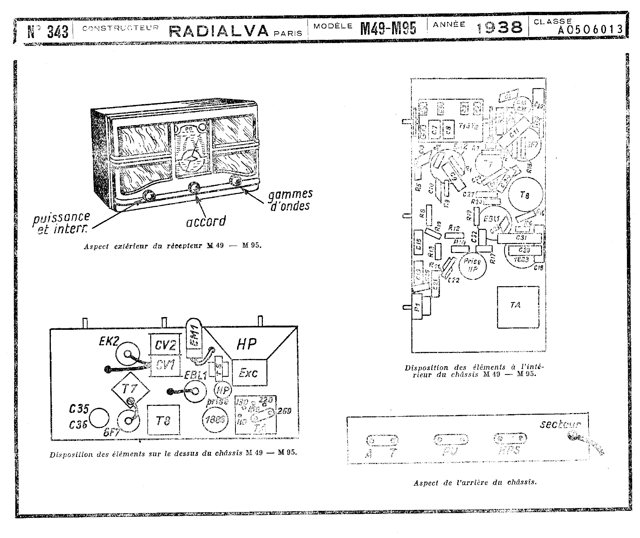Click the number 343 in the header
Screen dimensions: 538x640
click(x=57, y=31)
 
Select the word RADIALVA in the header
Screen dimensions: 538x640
click(x=219, y=31)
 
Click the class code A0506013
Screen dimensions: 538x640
click(x=590, y=30)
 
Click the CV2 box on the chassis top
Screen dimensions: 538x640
click(x=165, y=345)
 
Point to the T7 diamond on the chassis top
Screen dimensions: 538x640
click(x=130, y=389)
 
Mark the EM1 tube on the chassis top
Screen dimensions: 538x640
click(x=194, y=336)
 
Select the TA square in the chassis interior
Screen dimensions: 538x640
click(x=518, y=307)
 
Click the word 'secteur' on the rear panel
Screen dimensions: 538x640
click(x=560, y=424)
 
